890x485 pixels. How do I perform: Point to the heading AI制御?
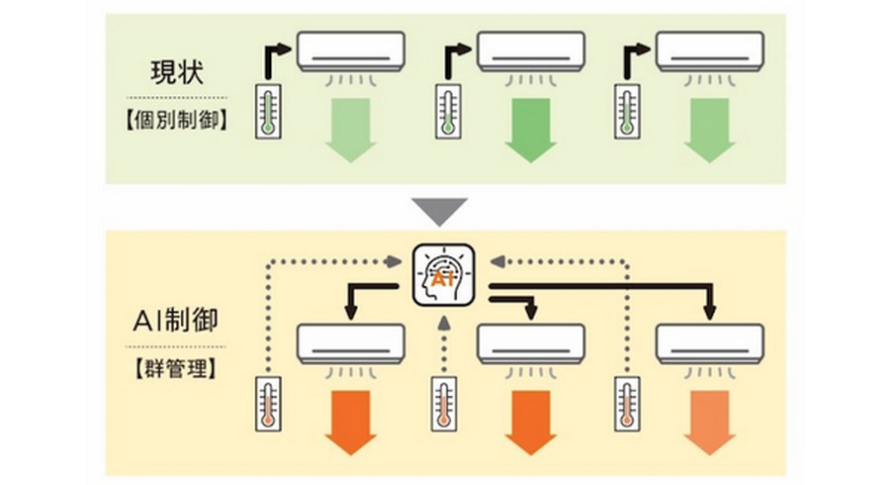tap(176, 321)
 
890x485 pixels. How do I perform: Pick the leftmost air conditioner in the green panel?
tap(351, 51)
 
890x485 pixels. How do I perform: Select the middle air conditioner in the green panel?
tap(530, 51)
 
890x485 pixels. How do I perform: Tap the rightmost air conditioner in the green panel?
tap(710, 51)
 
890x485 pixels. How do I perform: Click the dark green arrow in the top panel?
tap(530, 129)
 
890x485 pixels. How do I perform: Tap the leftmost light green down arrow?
tap(351, 129)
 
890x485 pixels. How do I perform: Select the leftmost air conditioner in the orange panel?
tap(351, 342)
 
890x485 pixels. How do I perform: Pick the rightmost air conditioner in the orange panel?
tap(710, 342)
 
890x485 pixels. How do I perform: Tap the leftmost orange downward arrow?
tap(351, 421)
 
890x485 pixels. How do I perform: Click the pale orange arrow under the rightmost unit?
tap(710, 421)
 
